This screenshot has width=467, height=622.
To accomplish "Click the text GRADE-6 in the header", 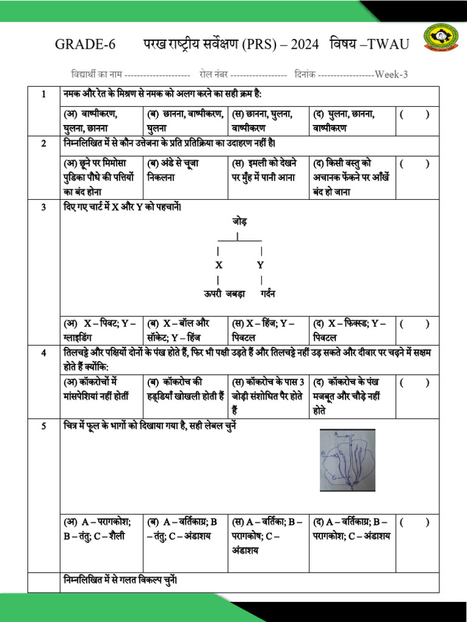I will point(80,44).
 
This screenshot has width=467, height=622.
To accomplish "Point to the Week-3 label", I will point(391,75).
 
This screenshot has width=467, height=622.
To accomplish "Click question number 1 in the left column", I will point(44,95).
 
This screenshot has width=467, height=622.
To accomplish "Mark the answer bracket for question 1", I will point(415,114).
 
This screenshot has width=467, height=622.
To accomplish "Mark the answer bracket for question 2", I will point(415,163).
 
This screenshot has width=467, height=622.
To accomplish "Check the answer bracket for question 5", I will point(415,521).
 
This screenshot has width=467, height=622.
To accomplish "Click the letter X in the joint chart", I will point(218,265).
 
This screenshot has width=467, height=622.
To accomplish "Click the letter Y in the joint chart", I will point(260,265).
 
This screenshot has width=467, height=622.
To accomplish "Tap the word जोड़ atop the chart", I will point(240,221).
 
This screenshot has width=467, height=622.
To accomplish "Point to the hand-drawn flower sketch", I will point(347,460).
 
